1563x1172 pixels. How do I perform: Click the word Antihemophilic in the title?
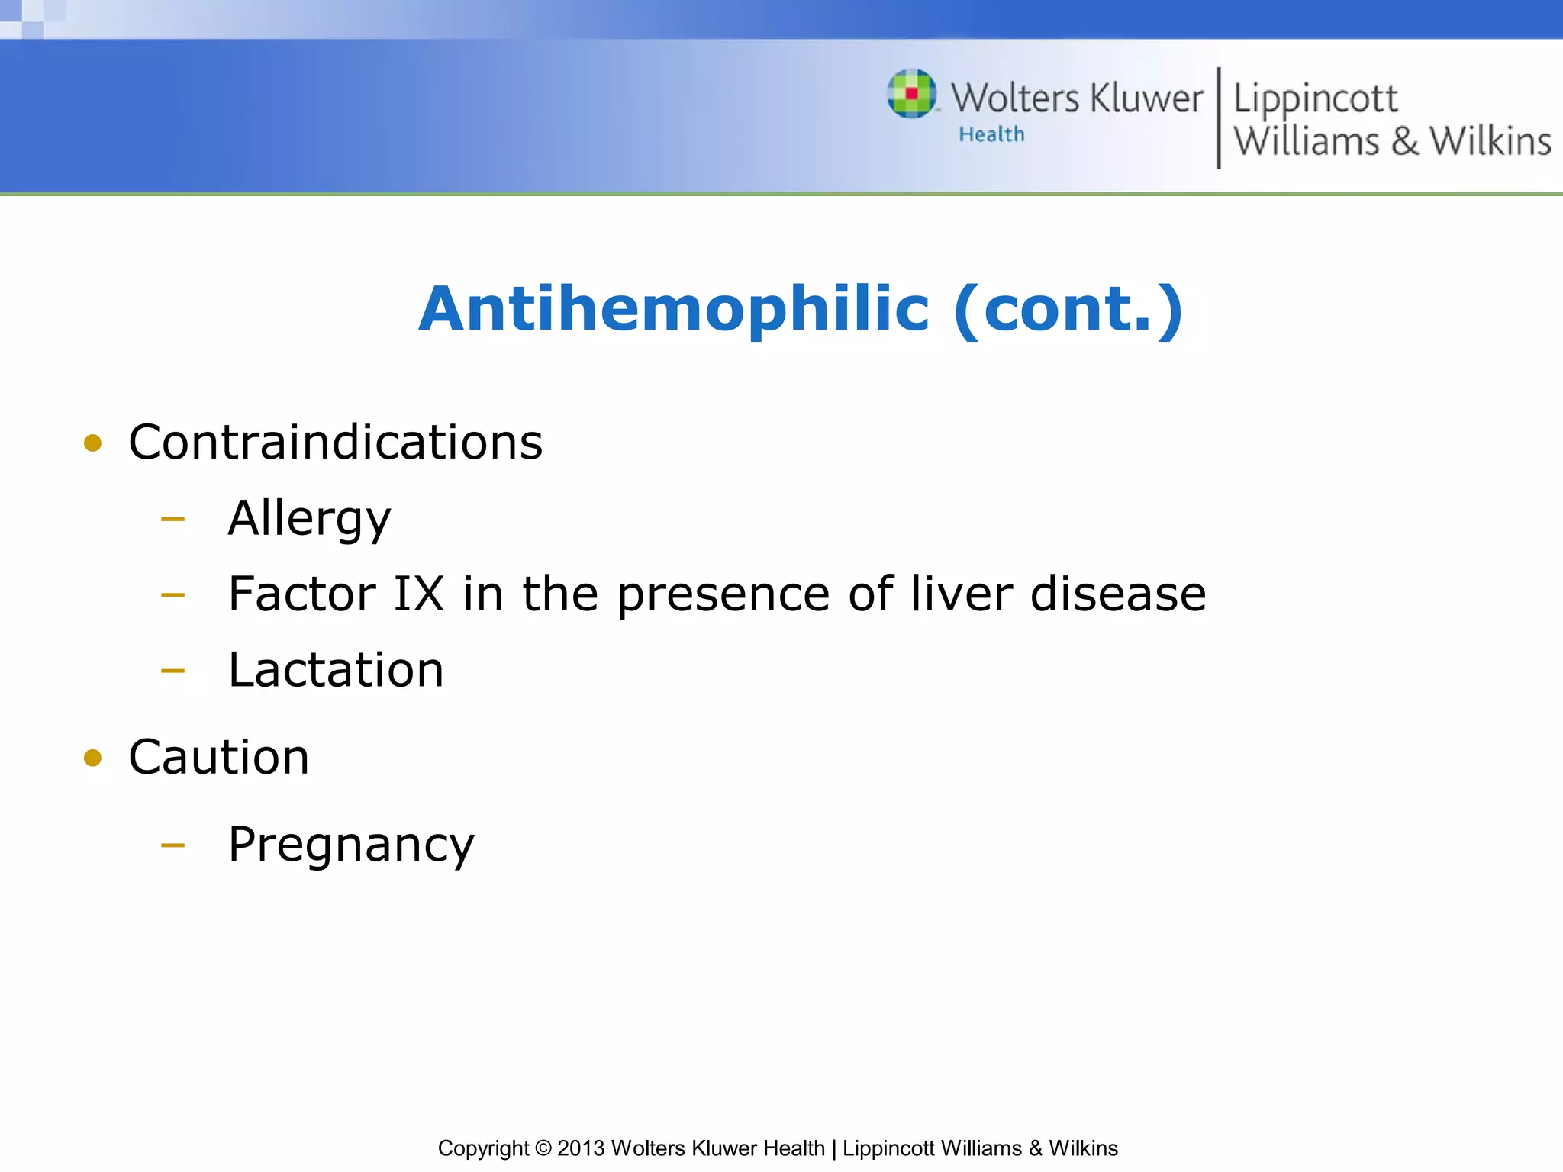(x=674, y=310)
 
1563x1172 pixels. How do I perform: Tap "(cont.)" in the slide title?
(x=1068, y=310)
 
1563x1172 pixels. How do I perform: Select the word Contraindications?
(x=335, y=443)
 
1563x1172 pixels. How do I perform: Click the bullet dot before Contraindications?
(x=93, y=443)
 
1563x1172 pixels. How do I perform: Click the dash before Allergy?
(x=173, y=520)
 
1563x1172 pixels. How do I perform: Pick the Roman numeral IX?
(x=418, y=594)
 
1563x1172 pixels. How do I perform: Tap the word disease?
(x=1117, y=594)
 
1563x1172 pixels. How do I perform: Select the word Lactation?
(x=336, y=671)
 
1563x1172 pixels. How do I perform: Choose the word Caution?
(x=219, y=758)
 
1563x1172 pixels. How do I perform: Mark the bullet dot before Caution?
(x=93, y=758)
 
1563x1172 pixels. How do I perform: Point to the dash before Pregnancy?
(x=173, y=845)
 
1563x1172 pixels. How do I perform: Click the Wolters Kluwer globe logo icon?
(x=911, y=94)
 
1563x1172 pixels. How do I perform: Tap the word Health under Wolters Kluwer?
(x=991, y=135)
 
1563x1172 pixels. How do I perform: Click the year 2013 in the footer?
(x=581, y=1148)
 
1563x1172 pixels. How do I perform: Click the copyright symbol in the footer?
(x=543, y=1148)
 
